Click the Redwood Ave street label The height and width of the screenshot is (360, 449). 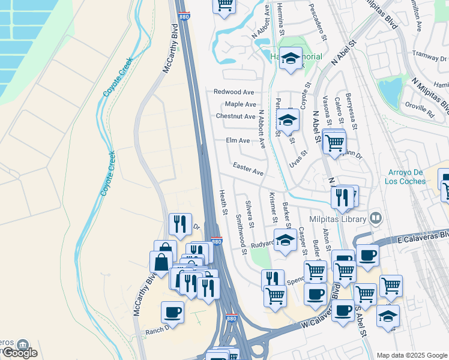pos(234,92)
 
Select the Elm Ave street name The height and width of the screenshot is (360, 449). pos(238,140)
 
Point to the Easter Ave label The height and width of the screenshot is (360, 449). pos(249,167)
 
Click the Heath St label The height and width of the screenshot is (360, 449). pos(223,202)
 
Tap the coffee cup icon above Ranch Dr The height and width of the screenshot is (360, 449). pos(172,312)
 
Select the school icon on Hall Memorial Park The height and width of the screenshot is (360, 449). pos(291,58)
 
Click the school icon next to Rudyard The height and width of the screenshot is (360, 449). pos(286,239)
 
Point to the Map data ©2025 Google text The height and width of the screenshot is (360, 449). pos(411,355)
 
